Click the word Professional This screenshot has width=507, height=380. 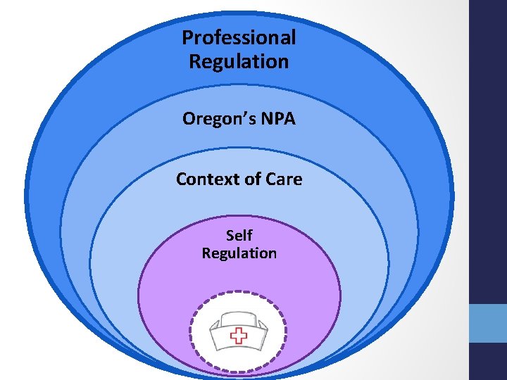pyautogui.click(x=239, y=37)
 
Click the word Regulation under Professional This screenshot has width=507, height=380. pyautogui.click(x=239, y=62)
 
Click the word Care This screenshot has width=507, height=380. pyautogui.click(x=284, y=179)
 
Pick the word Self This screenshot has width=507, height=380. pyautogui.click(x=239, y=235)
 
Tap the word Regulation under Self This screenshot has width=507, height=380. pyautogui.click(x=239, y=253)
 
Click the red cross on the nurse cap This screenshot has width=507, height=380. pyautogui.click(x=239, y=336)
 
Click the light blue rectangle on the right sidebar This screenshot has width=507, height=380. pyautogui.click(x=488, y=322)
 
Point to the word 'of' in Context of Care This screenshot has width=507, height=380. pyautogui.click(x=252, y=179)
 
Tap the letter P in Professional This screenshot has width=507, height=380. pyautogui.click(x=187, y=37)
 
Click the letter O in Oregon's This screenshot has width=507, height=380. pyautogui.click(x=189, y=119)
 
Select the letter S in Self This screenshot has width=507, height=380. pyautogui.click(x=230, y=235)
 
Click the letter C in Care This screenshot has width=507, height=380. pyautogui.click(x=272, y=179)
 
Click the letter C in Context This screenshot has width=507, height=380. pyautogui.click(x=182, y=179)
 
